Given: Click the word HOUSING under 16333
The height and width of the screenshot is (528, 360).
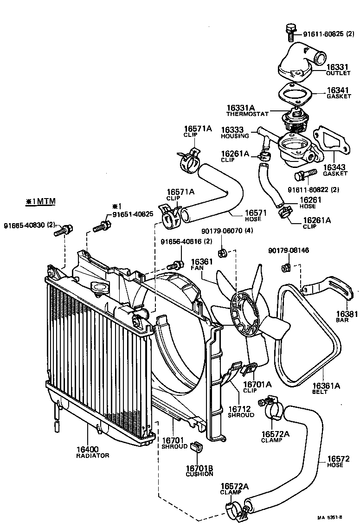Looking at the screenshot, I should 235,136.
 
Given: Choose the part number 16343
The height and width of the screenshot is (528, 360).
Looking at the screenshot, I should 335,167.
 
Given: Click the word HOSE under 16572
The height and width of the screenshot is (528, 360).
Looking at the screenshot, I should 335,465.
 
